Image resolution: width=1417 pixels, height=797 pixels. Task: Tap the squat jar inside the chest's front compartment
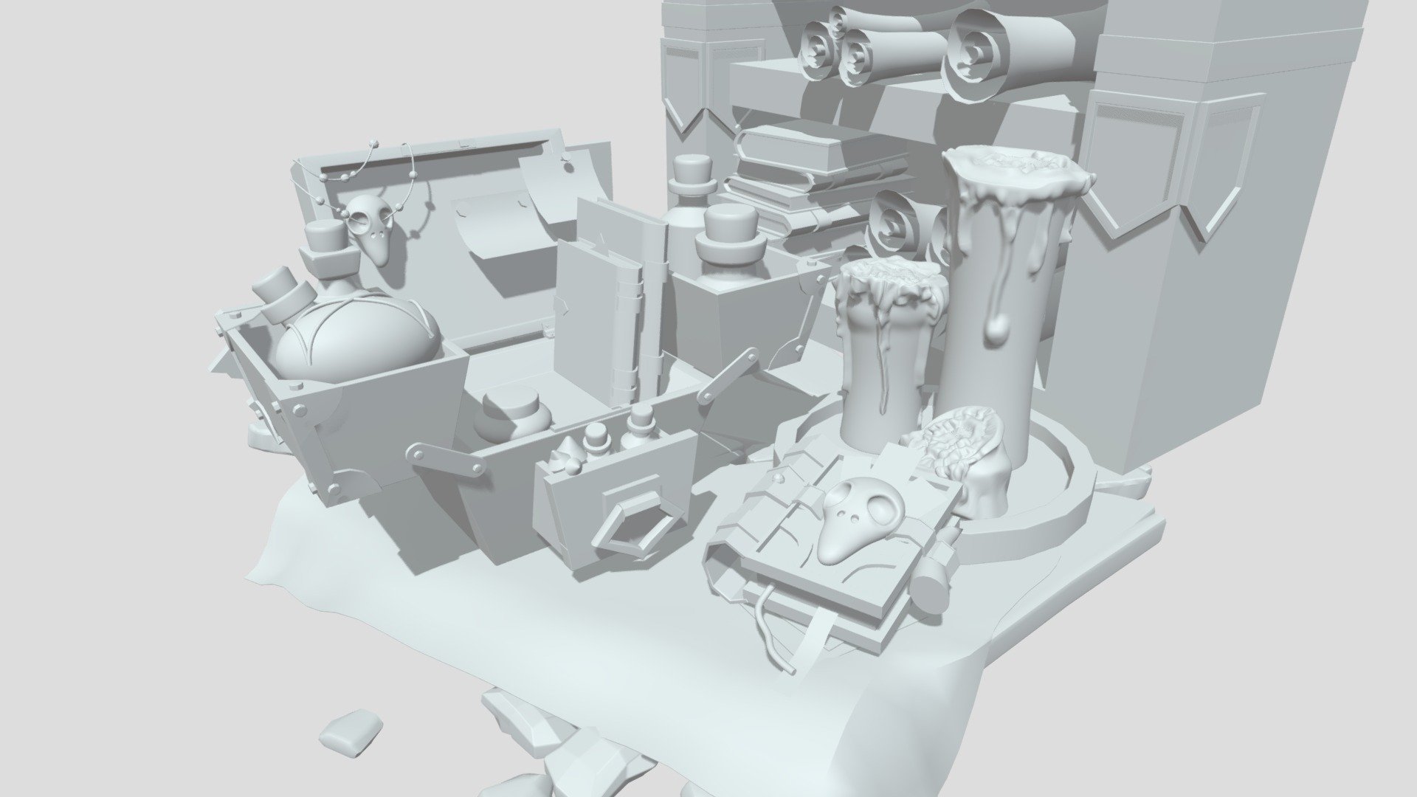click(x=514, y=417)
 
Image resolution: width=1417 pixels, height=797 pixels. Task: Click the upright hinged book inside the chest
click(x=599, y=310)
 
